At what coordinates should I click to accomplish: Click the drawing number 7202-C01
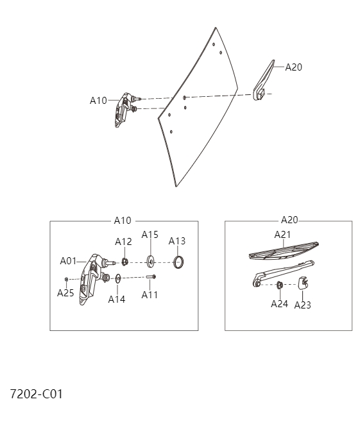[36, 394]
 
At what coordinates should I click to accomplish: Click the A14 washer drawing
[119, 278]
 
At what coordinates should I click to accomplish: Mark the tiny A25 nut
[67, 279]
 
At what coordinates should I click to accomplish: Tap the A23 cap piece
[304, 283]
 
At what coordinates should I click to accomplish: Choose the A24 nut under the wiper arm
[280, 285]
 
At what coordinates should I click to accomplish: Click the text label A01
[68, 260]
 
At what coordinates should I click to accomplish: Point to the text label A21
[283, 234]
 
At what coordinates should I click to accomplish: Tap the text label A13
[177, 241]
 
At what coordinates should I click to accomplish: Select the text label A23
[302, 305]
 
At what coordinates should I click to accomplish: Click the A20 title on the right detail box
[289, 220]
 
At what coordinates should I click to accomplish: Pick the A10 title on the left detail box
[122, 220]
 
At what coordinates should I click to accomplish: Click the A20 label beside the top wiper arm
[293, 66]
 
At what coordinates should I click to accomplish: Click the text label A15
[150, 234]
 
